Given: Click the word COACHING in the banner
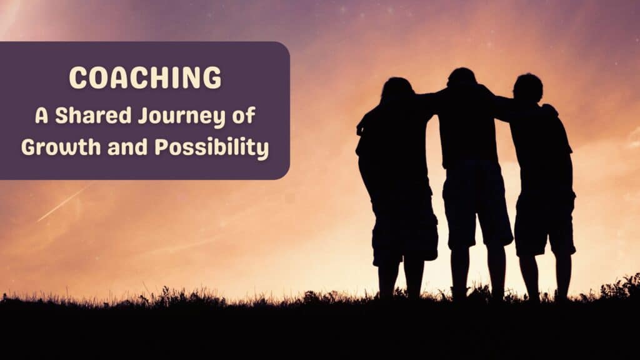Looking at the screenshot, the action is click(x=145, y=77).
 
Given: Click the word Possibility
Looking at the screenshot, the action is click(x=212, y=147).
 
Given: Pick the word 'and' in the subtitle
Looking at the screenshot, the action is click(x=127, y=147).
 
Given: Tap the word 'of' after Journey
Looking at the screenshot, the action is click(x=244, y=116).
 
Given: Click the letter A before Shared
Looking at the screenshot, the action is click(x=42, y=116).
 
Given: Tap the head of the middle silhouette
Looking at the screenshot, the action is click(x=462, y=78).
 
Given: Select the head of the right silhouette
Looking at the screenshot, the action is click(x=527, y=87).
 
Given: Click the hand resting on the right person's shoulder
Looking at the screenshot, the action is click(x=549, y=109).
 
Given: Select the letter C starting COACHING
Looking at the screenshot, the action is click(x=78, y=77).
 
